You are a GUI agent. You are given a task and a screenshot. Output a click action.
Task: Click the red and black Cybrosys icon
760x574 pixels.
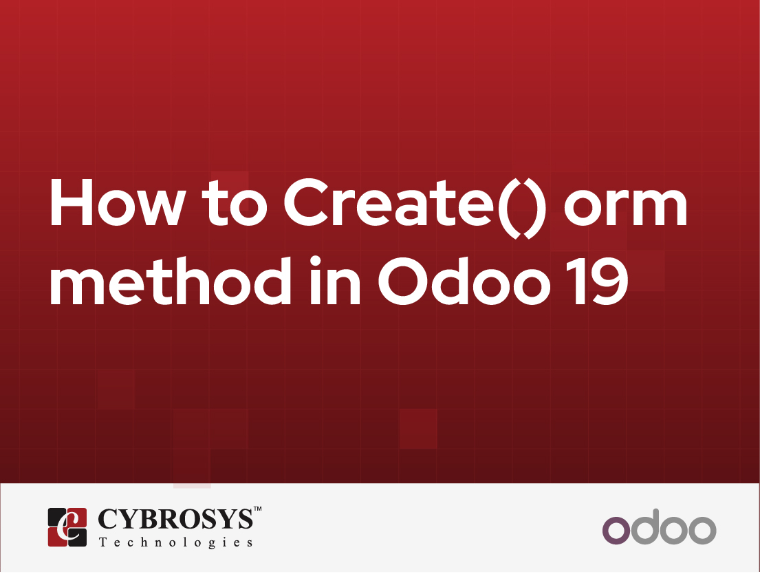coord(67,527)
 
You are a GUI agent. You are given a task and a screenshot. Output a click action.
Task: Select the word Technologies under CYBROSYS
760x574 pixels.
coord(176,542)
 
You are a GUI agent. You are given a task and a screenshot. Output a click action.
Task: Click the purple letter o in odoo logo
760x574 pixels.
coord(616,531)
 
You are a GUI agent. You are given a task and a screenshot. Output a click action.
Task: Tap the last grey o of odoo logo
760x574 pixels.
coord(702,531)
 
